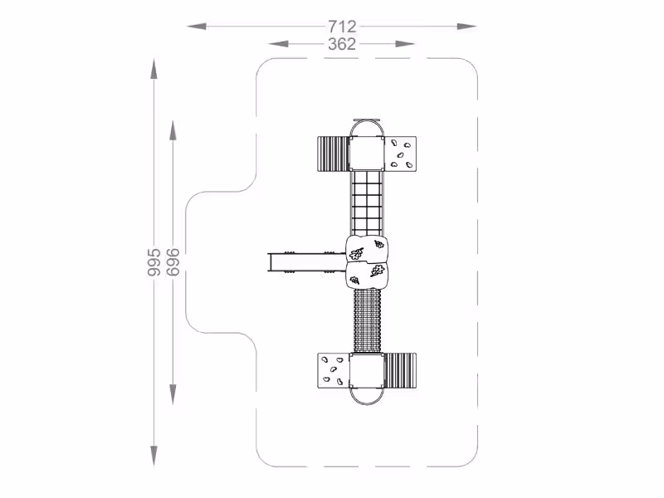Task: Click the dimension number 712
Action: click(x=342, y=27)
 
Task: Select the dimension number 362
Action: click(x=342, y=44)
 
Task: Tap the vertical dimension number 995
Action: click(x=154, y=262)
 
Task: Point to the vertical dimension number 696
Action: click(x=173, y=262)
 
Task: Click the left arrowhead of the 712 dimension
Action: click(x=197, y=27)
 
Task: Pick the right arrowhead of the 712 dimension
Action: click(x=466, y=27)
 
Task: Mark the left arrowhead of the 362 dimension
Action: click(x=278, y=44)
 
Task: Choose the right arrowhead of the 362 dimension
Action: click(x=405, y=44)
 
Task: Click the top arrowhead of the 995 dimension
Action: click(x=154, y=69)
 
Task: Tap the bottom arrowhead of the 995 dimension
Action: click(x=154, y=456)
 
